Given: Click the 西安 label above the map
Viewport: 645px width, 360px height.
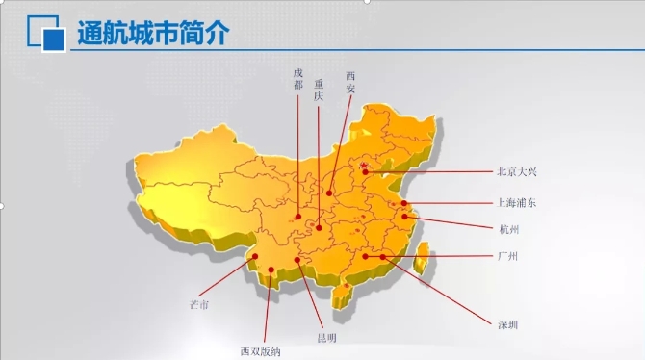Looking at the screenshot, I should pos(350,80).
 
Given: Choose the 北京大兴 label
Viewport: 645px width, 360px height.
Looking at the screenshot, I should pos(517,172).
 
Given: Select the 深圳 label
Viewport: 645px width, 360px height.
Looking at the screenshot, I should pos(507,324).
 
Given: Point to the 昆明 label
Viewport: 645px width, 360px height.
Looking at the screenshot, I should pos(327,337).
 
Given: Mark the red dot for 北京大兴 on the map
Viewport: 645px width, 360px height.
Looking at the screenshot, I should pos(364,167).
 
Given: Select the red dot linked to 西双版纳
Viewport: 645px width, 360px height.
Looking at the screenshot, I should pos(273,270).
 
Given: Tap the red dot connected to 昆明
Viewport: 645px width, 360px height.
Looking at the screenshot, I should pos(299,260).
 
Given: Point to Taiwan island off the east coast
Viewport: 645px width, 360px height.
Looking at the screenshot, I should pos(424,257).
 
